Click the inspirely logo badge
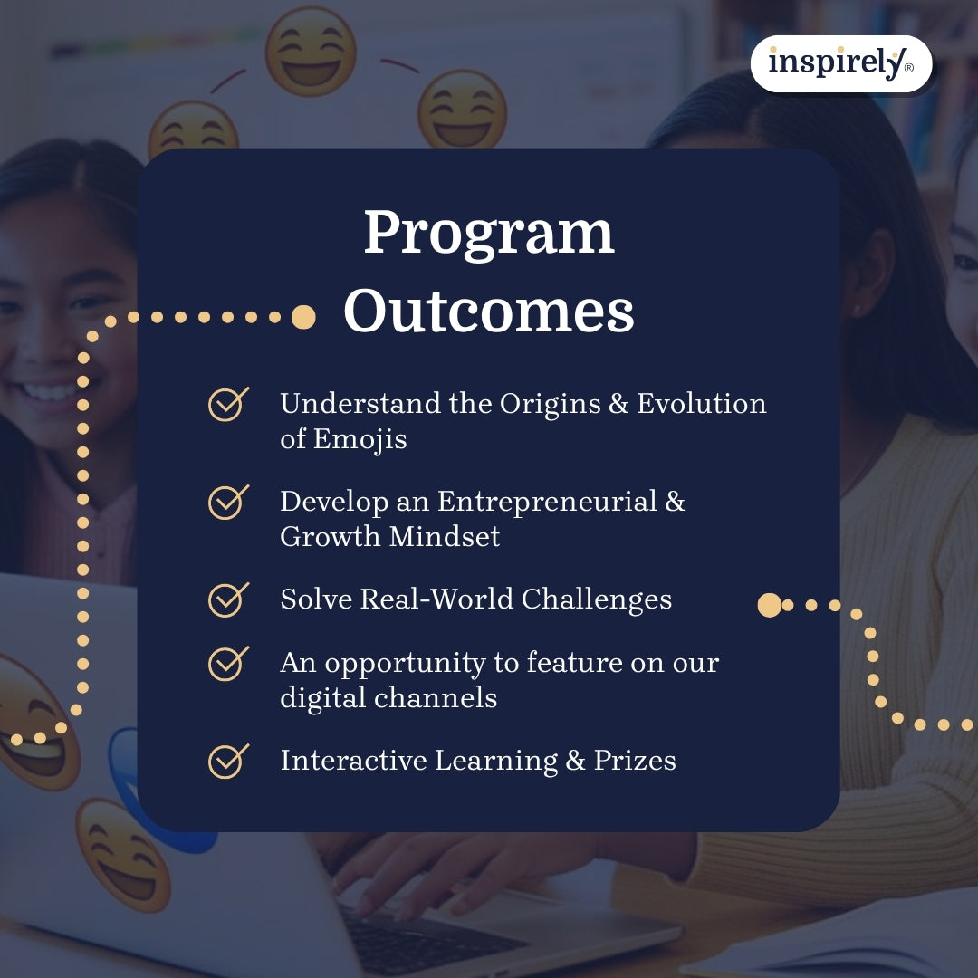(x=841, y=63)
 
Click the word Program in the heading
(x=489, y=234)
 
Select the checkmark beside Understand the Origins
(x=228, y=404)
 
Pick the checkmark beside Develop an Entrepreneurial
(x=228, y=502)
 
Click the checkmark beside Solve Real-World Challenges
(x=228, y=599)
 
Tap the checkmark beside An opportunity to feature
(x=228, y=664)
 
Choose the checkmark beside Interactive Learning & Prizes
(x=228, y=761)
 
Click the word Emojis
(x=360, y=439)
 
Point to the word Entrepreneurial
(x=547, y=502)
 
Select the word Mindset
(x=445, y=536)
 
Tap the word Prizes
(x=635, y=761)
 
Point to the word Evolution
(x=702, y=404)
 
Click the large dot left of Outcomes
(x=303, y=317)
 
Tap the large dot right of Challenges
(x=769, y=605)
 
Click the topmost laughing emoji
(x=311, y=52)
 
